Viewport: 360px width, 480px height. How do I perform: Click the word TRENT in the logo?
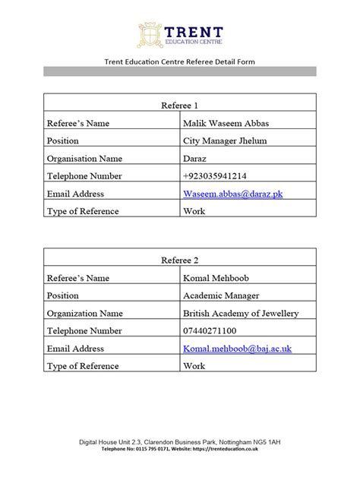click(193, 30)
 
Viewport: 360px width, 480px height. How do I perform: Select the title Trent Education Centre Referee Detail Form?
click(179, 62)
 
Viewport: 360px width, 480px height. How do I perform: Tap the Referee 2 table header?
click(180, 261)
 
